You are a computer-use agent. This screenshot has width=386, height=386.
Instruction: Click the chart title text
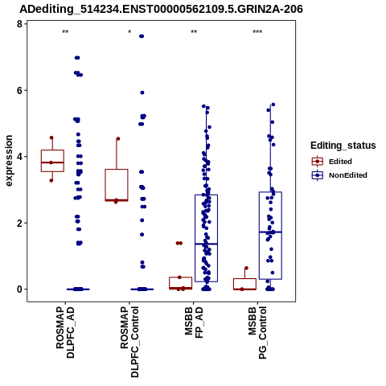click(x=161, y=9)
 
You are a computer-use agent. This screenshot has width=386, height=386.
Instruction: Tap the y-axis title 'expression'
click(x=9, y=161)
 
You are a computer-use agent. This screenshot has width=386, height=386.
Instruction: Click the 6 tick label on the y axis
click(x=19, y=90)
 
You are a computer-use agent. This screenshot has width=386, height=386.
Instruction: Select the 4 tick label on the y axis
click(x=19, y=157)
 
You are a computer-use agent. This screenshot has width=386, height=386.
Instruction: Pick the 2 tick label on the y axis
click(x=19, y=223)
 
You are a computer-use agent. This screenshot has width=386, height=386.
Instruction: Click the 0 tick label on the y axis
click(x=19, y=289)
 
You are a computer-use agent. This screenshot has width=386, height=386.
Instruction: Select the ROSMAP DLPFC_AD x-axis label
click(x=65, y=332)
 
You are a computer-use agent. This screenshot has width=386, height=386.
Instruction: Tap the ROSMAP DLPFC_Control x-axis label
click(x=129, y=342)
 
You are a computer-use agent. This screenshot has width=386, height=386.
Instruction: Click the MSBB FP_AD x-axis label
click(x=194, y=322)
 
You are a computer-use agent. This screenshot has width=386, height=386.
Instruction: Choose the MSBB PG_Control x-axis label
click(x=257, y=333)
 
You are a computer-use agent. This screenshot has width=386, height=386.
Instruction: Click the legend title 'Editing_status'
click(x=343, y=146)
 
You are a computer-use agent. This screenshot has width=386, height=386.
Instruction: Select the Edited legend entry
click(x=331, y=162)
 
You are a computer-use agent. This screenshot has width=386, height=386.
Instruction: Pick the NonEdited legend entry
click(x=339, y=175)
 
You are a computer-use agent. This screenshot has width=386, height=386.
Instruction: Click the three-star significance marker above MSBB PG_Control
click(x=257, y=32)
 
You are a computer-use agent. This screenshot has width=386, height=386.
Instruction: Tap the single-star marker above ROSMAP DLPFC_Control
click(x=129, y=32)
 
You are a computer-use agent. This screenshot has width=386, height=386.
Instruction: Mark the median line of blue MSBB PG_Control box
click(x=270, y=232)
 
